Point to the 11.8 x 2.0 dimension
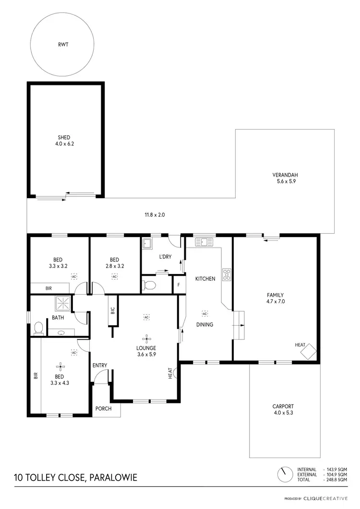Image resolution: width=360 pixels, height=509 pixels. (155, 215)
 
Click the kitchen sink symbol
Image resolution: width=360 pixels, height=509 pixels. (204, 242)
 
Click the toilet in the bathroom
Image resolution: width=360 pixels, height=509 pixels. (38, 328)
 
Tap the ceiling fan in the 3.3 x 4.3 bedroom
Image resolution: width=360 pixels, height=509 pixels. (60, 367)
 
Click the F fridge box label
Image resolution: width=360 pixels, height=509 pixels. (179, 284)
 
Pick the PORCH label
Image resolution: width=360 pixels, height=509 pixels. (104, 409)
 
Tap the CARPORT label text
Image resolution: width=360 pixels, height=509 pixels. (283, 406)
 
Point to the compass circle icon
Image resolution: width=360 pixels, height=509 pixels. (285, 474)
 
